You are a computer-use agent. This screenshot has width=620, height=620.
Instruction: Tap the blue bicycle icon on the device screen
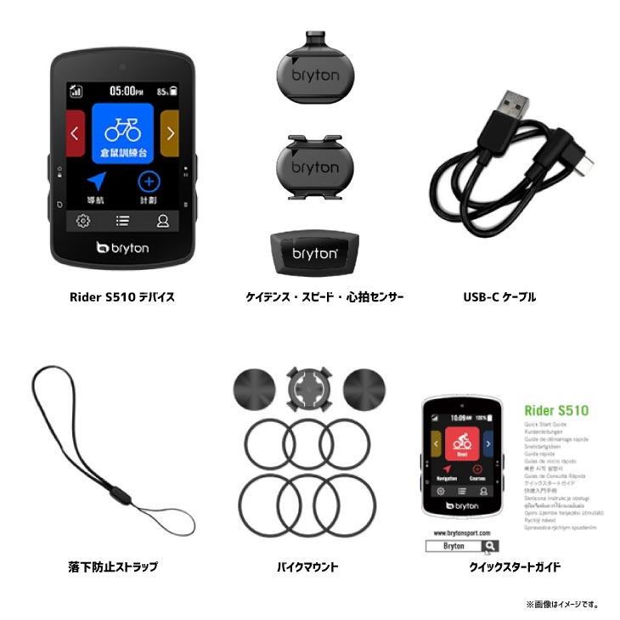[x=122, y=130]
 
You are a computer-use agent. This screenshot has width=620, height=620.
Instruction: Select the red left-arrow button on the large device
[x=75, y=132]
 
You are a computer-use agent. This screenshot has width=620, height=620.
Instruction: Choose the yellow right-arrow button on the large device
[x=170, y=132]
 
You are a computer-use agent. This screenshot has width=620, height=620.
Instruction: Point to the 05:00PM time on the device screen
[x=122, y=89]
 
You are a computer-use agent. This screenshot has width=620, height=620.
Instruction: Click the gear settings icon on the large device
[x=83, y=221]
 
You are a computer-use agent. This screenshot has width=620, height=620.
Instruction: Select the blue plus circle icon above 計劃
[x=149, y=181]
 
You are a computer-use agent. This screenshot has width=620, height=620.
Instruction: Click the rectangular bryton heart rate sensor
[x=316, y=252]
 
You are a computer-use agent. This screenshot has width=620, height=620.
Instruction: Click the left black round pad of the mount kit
[x=254, y=391]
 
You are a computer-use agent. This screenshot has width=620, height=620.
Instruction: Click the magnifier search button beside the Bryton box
[x=490, y=546]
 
